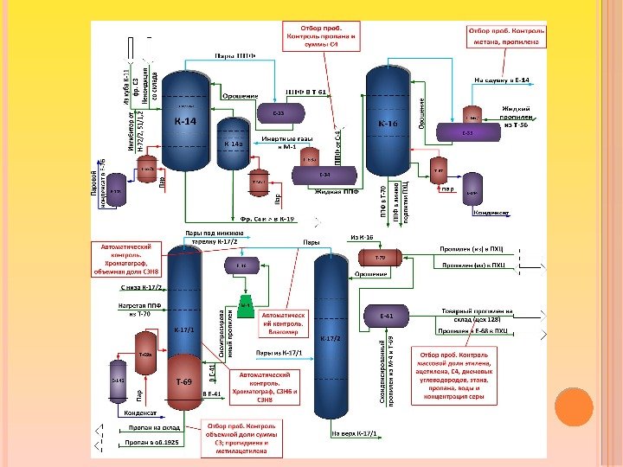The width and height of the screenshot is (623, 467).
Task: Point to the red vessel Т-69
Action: [x=184, y=381]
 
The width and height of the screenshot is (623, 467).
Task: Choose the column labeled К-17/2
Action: [x=332, y=337]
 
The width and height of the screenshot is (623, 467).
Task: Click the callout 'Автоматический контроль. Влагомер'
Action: [x=283, y=324]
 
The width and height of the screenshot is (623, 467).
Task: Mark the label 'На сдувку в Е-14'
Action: [x=502, y=80]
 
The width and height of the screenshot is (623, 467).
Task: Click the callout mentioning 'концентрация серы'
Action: [x=454, y=376]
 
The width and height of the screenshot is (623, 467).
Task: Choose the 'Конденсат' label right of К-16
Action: [x=490, y=212]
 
